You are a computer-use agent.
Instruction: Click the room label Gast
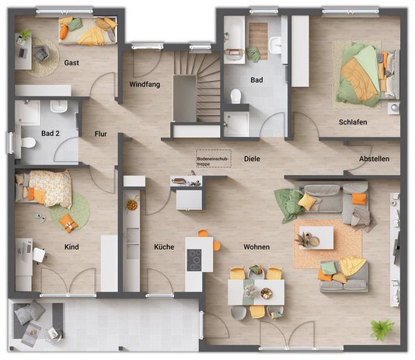click(x=71, y=63)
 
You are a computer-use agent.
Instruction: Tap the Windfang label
click(x=145, y=85)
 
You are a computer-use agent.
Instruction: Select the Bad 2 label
click(x=51, y=134)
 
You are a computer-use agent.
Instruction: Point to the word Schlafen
click(x=353, y=122)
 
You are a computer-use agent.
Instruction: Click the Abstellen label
click(x=374, y=159)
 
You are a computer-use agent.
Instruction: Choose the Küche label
click(x=164, y=247)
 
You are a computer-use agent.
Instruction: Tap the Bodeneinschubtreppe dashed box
click(x=214, y=159)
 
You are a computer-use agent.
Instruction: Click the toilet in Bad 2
click(x=28, y=142)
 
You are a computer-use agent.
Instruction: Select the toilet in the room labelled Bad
click(x=235, y=96)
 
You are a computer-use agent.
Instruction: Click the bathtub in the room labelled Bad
click(x=234, y=40)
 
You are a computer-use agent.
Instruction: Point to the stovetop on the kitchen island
click(x=194, y=260)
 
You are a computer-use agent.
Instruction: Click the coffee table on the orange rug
click(x=316, y=238)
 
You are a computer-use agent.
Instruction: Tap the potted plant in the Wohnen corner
click(x=381, y=329)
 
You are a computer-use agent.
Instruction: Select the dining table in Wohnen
click(x=256, y=292)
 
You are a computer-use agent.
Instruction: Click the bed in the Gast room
click(x=88, y=31)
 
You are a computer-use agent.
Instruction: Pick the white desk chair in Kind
click(x=40, y=255)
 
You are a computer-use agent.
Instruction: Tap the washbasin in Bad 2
click(x=59, y=106)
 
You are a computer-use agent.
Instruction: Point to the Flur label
click(x=100, y=134)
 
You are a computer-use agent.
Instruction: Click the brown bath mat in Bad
click(x=258, y=41)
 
